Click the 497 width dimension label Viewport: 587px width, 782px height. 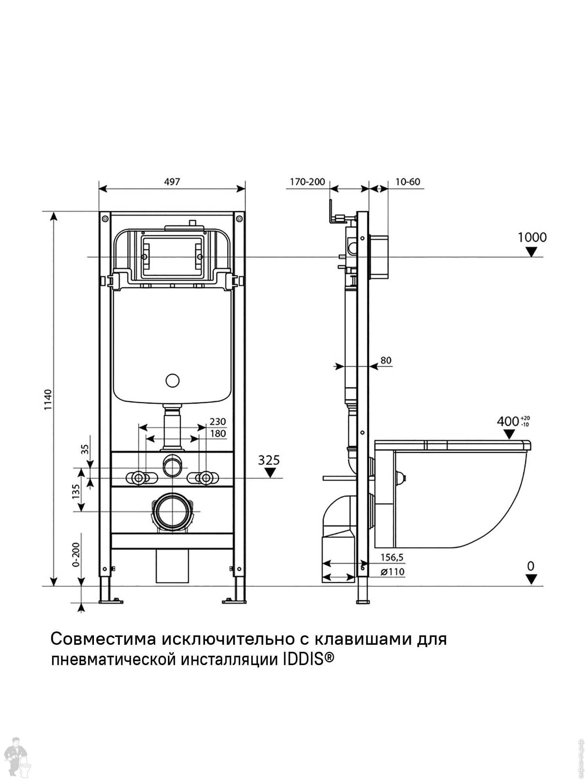point(172,182)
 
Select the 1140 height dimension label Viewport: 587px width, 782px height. point(48,400)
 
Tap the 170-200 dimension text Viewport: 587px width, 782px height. point(307,182)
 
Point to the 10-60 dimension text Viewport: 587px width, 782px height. point(407,182)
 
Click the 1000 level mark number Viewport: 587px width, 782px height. point(532,237)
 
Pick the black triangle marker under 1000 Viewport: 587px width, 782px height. point(531,252)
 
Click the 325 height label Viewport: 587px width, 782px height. point(269,460)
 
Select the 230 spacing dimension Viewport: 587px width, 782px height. point(218,421)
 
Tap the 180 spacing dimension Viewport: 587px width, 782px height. point(218,433)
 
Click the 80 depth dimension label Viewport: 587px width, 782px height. point(386,360)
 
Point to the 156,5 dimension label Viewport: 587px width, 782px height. point(392,557)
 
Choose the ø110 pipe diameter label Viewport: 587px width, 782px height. point(392,572)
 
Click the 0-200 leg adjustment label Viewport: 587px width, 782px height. point(76,555)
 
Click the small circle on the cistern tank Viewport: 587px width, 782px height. point(172,380)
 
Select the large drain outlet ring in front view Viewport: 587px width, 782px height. point(171,512)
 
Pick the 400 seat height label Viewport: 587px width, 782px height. point(508,421)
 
